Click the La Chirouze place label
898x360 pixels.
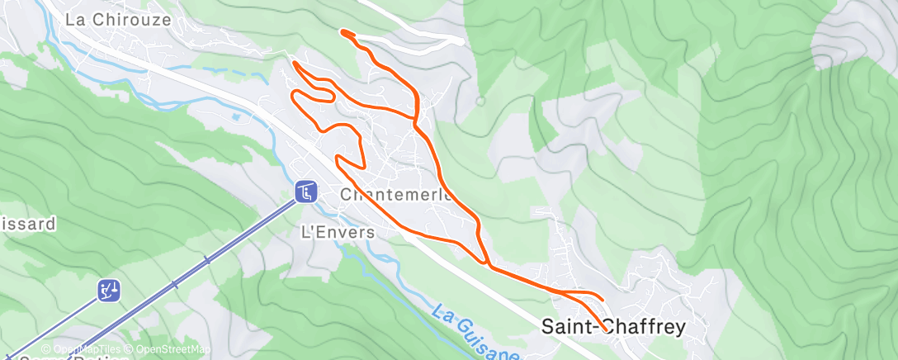point(118,19)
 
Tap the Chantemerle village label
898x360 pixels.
point(397,196)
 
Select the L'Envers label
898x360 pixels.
point(336,232)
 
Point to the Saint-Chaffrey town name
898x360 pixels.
point(613,327)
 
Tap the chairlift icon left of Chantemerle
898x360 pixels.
point(305,192)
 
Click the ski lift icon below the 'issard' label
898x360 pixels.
point(109,290)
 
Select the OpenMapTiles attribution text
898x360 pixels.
point(79,350)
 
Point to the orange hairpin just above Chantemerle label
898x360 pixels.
point(338,158)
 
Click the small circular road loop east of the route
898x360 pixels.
point(480,101)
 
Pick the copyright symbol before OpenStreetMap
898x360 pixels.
point(122,350)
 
